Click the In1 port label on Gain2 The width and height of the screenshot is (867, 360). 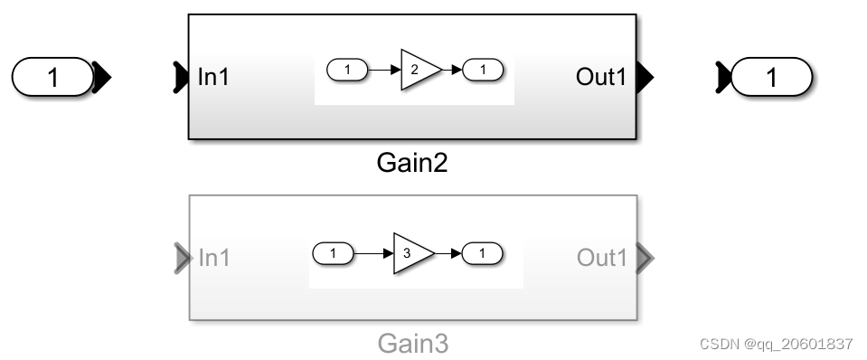click(213, 78)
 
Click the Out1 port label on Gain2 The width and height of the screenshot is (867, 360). click(600, 78)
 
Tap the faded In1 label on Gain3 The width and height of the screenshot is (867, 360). click(213, 258)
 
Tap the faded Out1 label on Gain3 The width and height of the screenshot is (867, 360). click(601, 258)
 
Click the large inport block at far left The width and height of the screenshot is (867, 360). click(52, 78)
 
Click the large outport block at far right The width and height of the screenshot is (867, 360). click(771, 78)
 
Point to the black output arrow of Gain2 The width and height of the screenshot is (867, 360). click(644, 78)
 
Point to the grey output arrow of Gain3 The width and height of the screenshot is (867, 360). click(644, 258)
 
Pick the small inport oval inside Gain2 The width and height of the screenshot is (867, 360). click(347, 70)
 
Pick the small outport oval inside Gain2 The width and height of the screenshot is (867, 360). click(484, 70)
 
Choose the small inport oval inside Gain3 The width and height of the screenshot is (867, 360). click(334, 254)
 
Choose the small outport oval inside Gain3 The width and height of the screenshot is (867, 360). click(483, 254)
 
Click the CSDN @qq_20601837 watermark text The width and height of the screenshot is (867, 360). click(777, 344)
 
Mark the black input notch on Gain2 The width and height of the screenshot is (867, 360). click(180, 78)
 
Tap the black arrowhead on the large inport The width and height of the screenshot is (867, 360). click(101, 78)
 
